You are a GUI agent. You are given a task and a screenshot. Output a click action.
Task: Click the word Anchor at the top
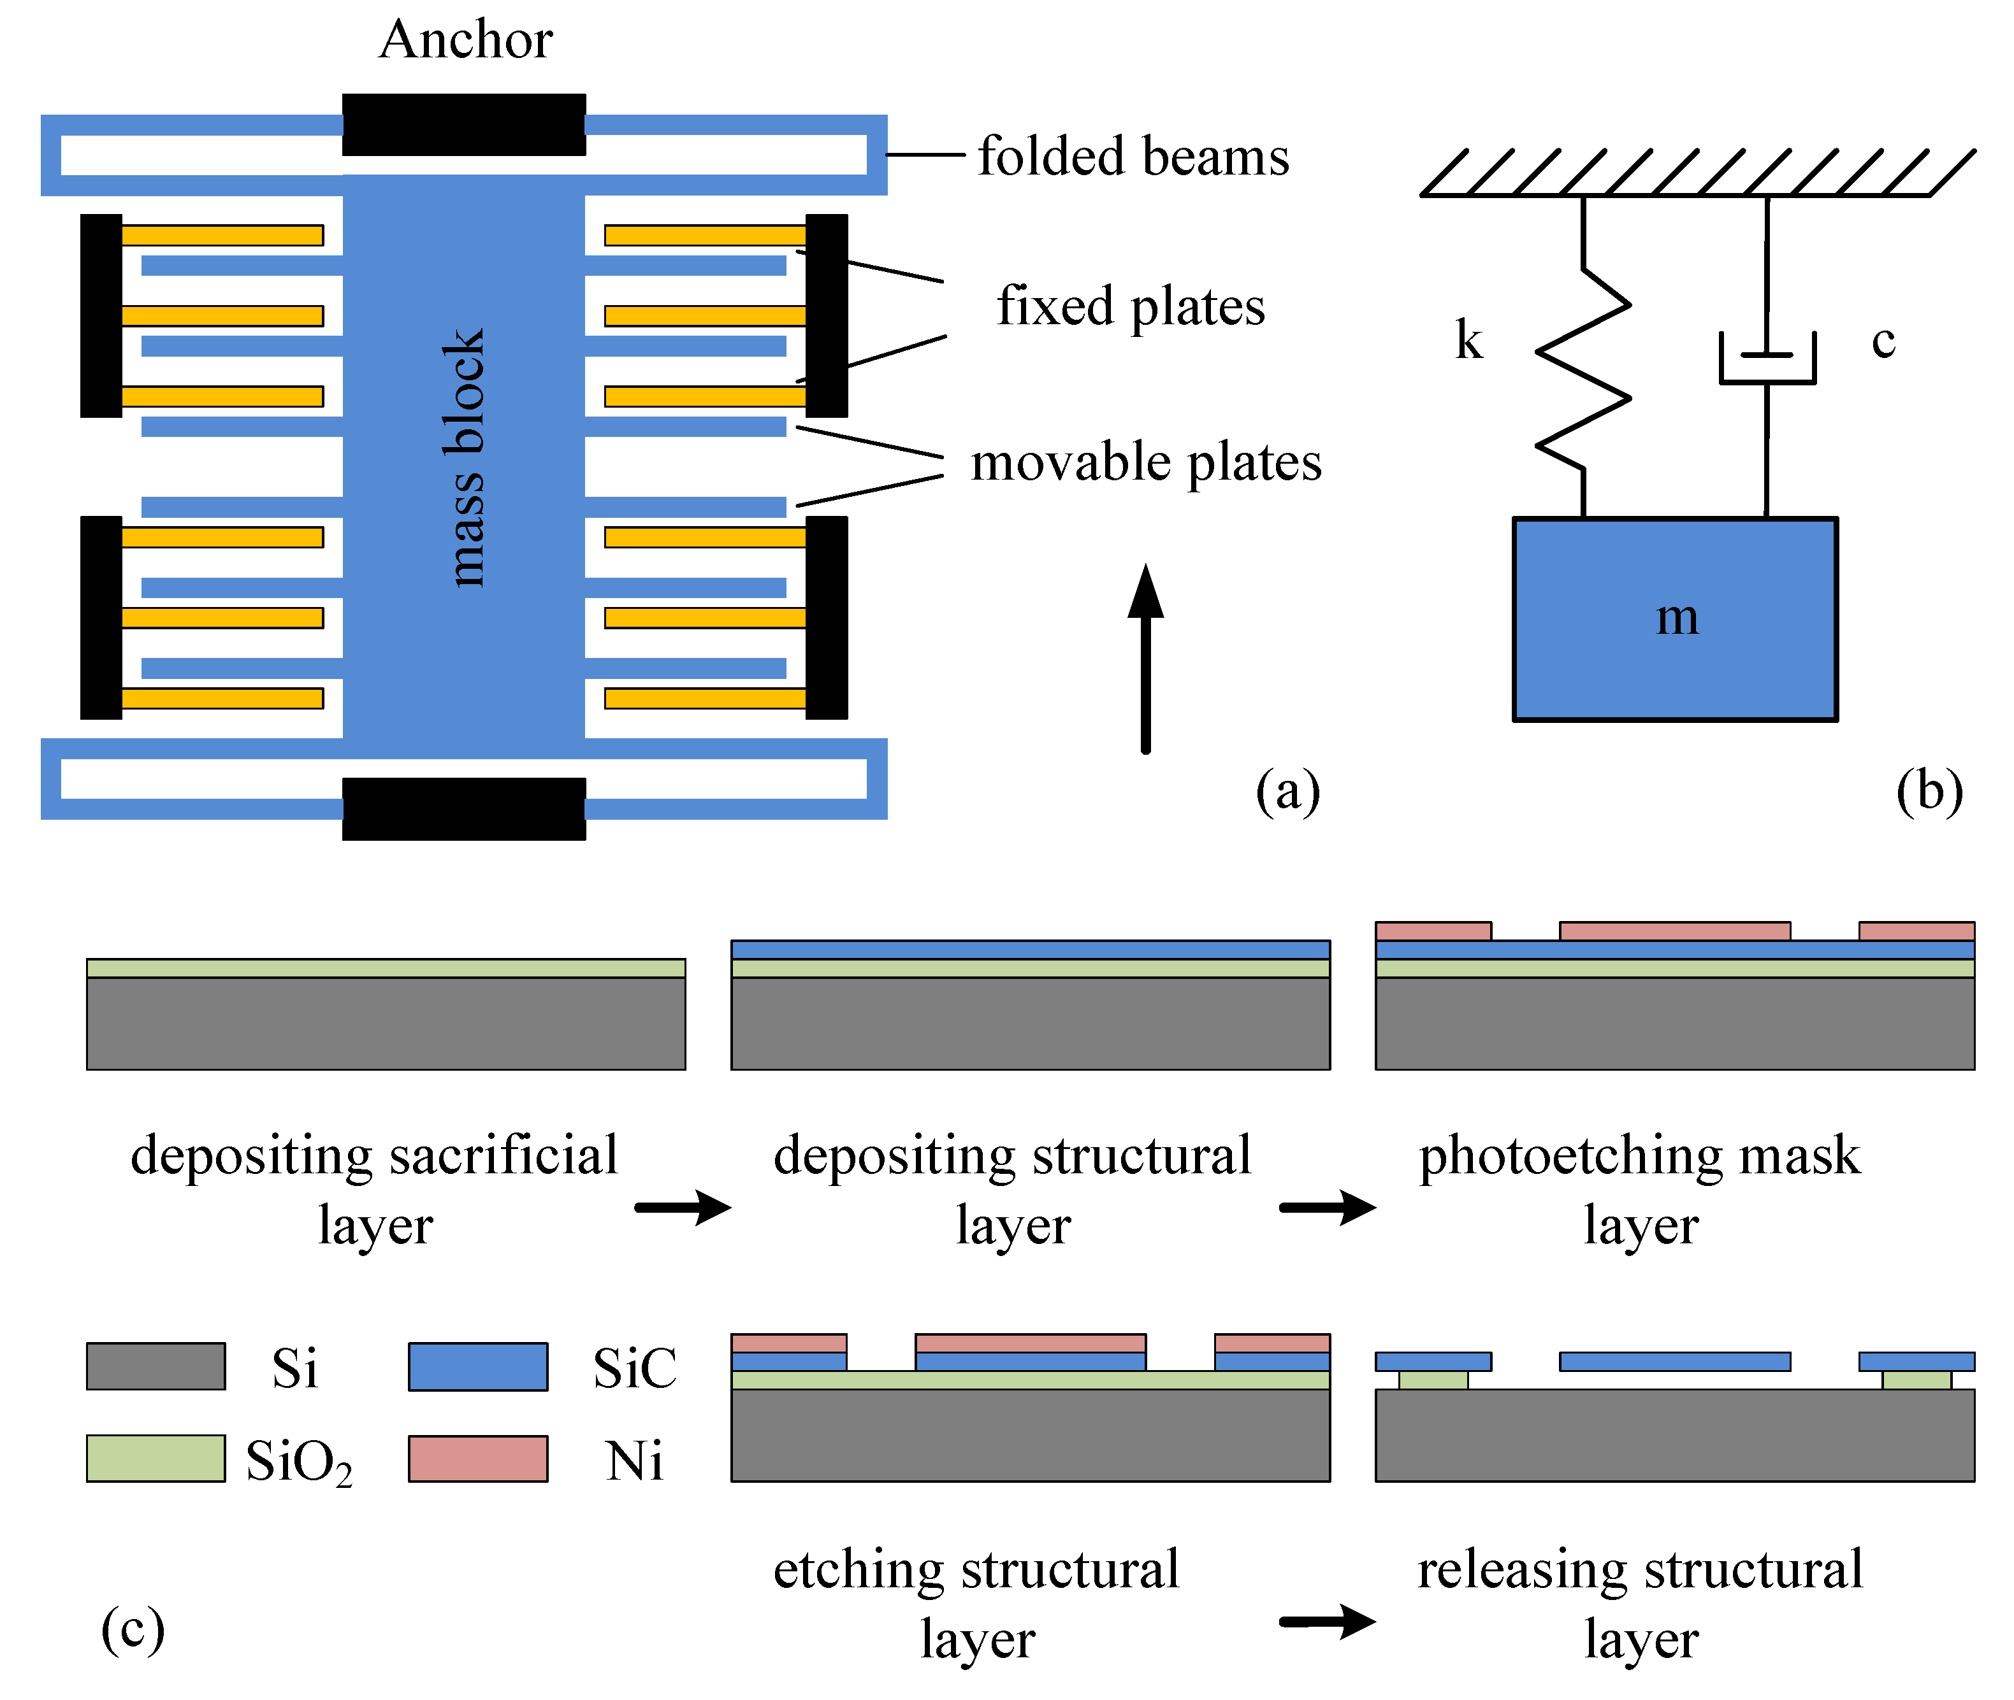pos(466,41)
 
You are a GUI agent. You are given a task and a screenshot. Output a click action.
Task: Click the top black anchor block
pos(464,124)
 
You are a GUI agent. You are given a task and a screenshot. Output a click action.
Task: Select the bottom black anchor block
pos(464,808)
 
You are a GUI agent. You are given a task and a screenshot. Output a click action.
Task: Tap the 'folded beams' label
pos(1133,157)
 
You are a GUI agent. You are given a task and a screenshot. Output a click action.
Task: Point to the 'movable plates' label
pos(1145,462)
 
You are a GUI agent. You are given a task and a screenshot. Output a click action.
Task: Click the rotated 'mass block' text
pos(464,458)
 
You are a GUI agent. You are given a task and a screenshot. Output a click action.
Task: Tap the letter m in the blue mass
pos(1677,618)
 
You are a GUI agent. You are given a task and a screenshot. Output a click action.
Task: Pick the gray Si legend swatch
pos(156,1366)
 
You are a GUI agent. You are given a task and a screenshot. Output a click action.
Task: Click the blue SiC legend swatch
pos(477,1366)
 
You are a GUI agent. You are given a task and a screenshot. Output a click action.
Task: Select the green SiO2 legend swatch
pos(156,1457)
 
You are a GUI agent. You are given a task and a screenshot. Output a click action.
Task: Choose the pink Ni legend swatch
pos(477,1457)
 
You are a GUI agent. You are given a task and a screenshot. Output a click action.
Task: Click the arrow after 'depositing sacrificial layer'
pos(683,1206)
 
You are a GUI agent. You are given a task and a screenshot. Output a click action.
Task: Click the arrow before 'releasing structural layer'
pos(1328,1621)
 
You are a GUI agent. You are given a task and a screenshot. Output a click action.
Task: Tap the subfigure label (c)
pos(133,1629)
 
